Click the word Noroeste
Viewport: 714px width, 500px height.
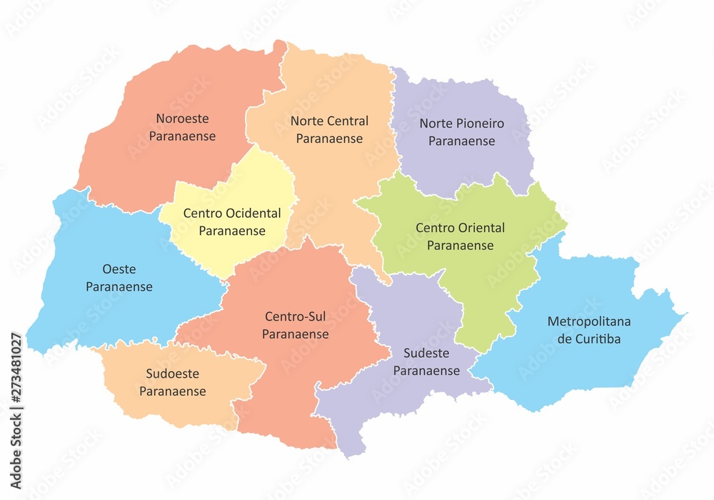183,119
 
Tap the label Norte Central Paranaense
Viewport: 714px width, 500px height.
329,129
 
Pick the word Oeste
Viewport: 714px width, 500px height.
119,269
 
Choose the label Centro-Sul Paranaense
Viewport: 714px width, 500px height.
295,325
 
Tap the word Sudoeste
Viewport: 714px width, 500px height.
172,374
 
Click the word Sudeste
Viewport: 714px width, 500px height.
426,353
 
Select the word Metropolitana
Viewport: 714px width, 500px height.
589,321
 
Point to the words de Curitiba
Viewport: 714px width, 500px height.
589,339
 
